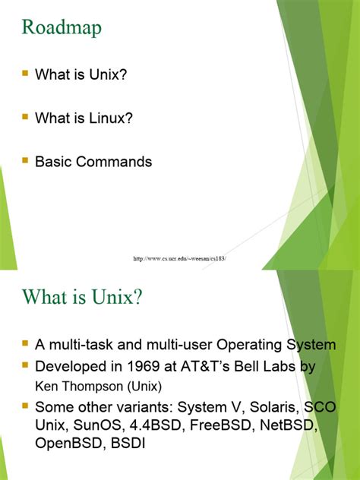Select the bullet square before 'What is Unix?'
[25, 74]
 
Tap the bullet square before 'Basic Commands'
[25, 160]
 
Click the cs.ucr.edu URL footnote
[180, 259]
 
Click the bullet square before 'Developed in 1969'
[25, 365]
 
